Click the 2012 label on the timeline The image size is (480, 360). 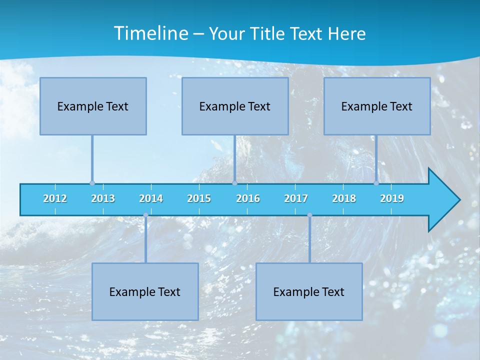(x=55, y=198)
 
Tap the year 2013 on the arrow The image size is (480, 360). (x=103, y=198)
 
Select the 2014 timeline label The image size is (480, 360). (x=151, y=198)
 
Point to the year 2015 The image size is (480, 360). (x=199, y=198)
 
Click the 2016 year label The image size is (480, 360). (x=248, y=198)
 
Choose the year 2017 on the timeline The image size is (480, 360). (x=296, y=198)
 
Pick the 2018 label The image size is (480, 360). (x=344, y=198)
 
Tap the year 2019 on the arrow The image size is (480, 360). (x=392, y=198)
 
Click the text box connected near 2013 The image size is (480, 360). (x=93, y=106)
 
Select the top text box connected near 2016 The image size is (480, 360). (x=235, y=106)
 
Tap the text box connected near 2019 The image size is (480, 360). (x=377, y=106)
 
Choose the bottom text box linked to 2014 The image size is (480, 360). (x=145, y=291)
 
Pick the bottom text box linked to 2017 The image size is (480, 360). (x=309, y=291)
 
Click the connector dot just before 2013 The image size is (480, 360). (x=92, y=183)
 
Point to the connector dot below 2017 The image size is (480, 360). (x=309, y=215)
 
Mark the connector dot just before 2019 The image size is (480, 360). (x=376, y=183)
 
